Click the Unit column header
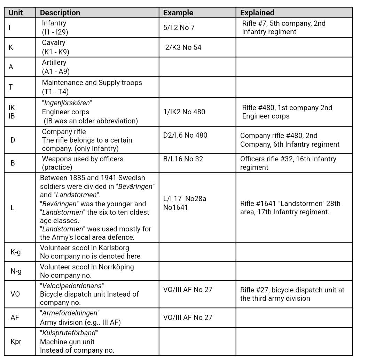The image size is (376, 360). pos(16,13)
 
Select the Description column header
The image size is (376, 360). pos(60,13)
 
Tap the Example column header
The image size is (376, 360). pos(178,13)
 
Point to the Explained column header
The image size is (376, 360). pos(257,13)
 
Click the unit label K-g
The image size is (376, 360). pos(16,252)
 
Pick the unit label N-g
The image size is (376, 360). pos(16,271)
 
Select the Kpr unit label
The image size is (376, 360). pos(16,342)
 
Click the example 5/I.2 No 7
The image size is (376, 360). pos(179,28)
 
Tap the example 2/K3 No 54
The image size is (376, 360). pos(183,47)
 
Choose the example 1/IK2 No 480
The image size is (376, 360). pos(184,112)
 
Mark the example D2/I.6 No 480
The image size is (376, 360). pos(185,135)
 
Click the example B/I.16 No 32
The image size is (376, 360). pos(183,159)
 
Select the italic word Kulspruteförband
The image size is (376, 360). pos(69,333)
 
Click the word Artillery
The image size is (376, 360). pos(54,63)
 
